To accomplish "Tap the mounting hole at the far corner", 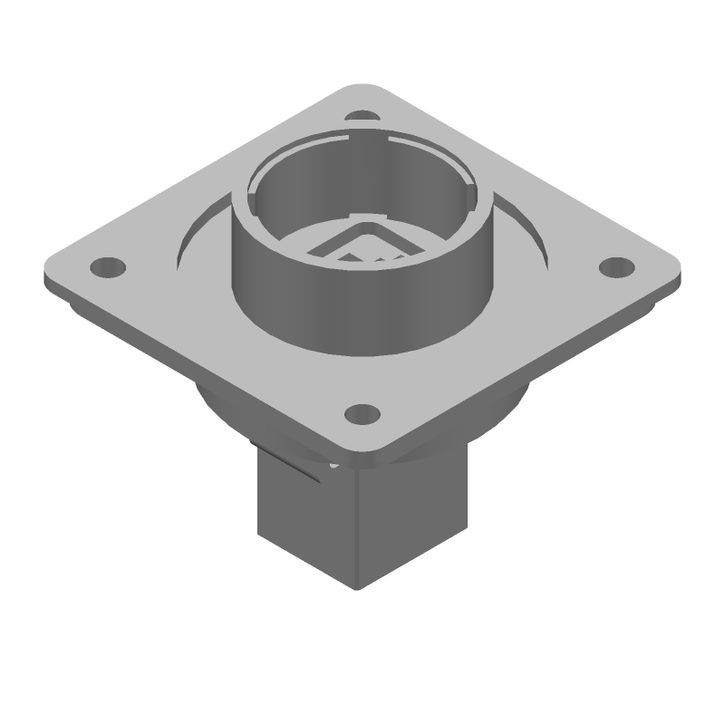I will [x=363, y=117].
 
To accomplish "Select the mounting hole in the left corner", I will [x=108, y=267].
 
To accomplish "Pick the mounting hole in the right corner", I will [x=617, y=267].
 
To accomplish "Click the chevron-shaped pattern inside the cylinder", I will [x=362, y=243].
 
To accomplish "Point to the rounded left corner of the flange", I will [x=53, y=272].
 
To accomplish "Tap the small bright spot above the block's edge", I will [x=334, y=466].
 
